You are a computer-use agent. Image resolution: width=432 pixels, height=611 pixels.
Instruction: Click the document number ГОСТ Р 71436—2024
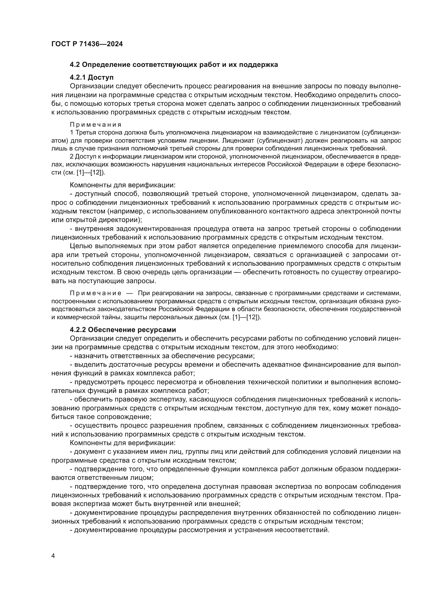click(87, 44)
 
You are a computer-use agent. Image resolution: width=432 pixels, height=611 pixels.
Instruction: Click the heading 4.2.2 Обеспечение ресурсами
click(123, 330)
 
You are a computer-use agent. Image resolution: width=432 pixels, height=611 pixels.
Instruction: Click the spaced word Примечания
click(96, 125)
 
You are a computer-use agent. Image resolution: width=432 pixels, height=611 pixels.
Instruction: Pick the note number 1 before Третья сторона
click(71, 132)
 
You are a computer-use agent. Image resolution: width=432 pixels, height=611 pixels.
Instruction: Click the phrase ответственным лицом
click(115, 478)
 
